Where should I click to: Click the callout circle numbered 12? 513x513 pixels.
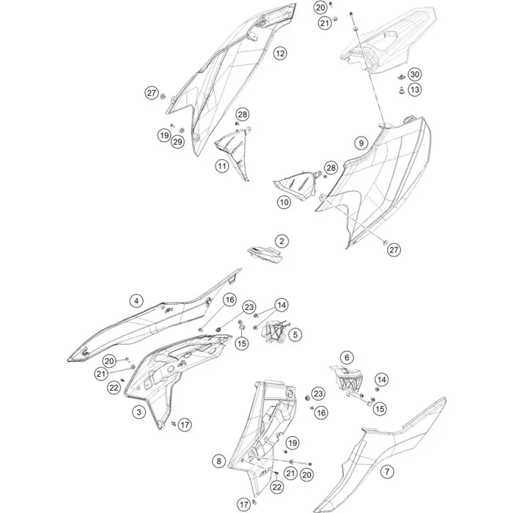[x=280, y=53]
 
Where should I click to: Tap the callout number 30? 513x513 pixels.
[x=415, y=75]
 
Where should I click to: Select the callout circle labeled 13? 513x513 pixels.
[x=415, y=89]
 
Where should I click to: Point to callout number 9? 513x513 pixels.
[x=361, y=143]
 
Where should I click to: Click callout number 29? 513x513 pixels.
[x=177, y=141]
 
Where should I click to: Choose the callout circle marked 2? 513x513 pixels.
[x=281, y=241]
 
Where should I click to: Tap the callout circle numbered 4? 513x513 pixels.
[x=136, y=300]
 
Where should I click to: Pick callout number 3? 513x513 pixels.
[x=139, y=412]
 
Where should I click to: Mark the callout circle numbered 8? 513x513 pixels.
[x=219, y=461]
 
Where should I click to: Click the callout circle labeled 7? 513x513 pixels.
[x=388, y=471]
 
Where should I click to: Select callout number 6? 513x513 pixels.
[x=347, y=358]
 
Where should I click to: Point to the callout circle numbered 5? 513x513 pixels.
[x=295, y=335]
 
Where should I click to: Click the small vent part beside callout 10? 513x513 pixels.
[x=296, y=184]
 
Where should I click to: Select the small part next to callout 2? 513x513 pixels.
[x=265, y=254]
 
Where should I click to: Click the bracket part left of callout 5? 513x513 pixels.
[x=276, y=332]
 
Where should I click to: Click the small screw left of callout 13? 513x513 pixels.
[x=401, y=90]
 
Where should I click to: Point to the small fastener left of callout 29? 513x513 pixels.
[x=172, y=125]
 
